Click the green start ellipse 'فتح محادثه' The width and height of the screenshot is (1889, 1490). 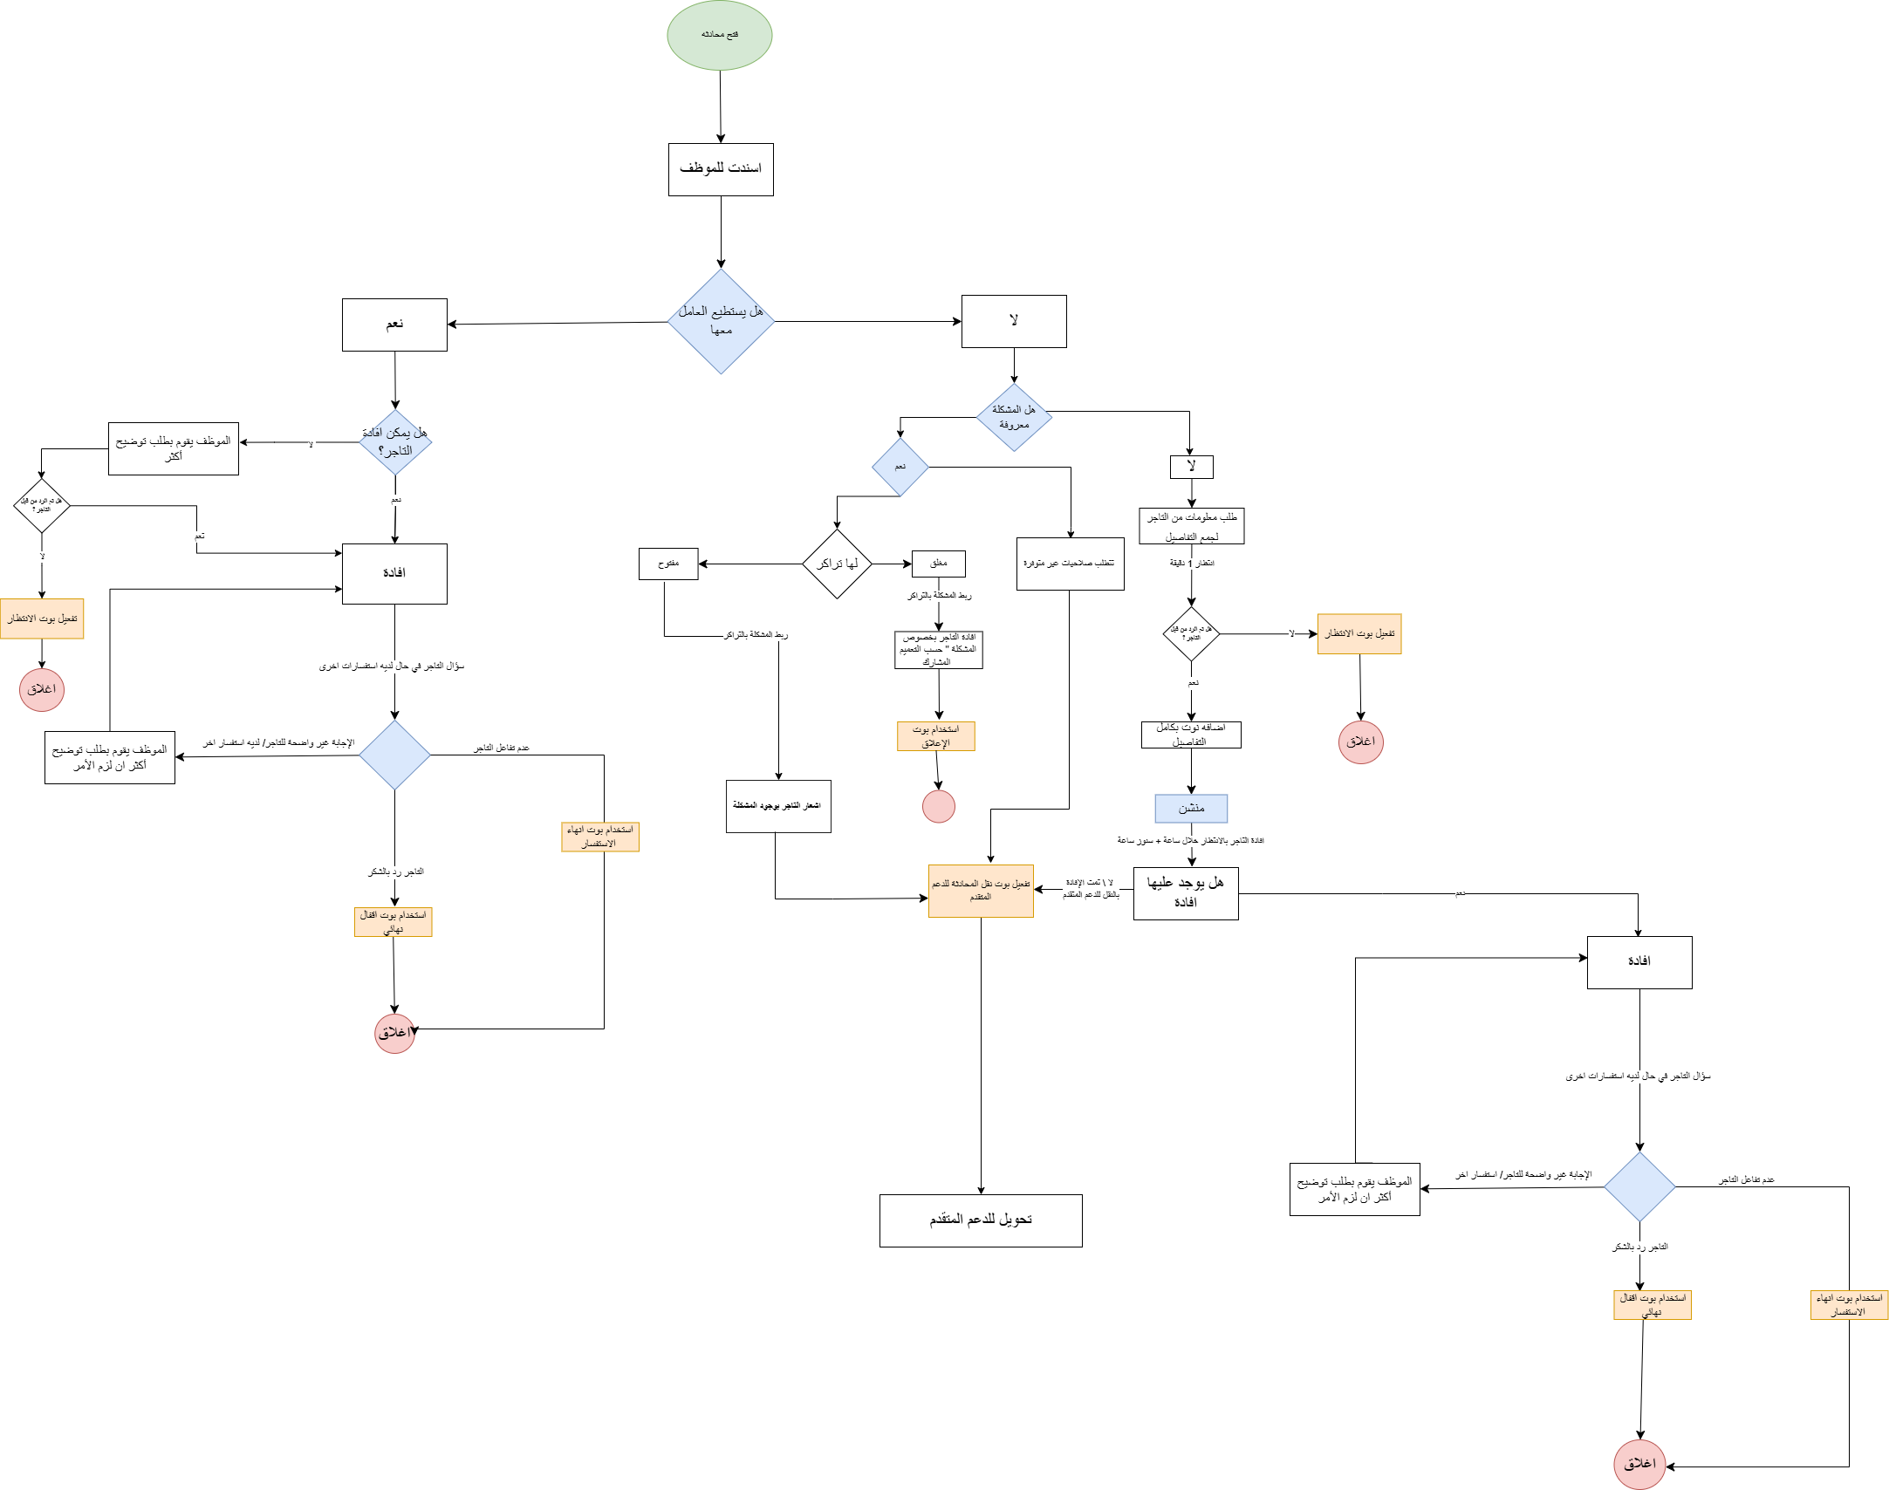[720, 35]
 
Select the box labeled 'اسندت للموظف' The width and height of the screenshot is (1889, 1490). [721, 169]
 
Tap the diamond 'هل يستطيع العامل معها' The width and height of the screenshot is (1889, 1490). [721, 321]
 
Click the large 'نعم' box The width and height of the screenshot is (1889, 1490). [394, 325]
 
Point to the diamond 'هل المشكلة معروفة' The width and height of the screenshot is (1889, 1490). [1014, 417]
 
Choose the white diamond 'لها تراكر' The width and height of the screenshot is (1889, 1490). [837, 564]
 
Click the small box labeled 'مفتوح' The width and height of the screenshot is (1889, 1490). [668, 564]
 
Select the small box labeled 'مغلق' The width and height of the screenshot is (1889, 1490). [939, 564]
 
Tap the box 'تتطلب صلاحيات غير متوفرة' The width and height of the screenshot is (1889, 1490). [1070, 564]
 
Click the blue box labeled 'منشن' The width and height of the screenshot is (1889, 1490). [1191, 809]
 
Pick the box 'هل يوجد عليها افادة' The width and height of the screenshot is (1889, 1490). [1186, 893]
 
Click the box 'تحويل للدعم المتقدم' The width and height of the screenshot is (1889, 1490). [981, 1220]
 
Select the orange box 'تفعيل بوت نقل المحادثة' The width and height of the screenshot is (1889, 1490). [981, 891]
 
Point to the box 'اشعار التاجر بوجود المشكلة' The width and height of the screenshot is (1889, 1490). [778, 806]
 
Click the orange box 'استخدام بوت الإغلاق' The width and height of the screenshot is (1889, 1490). [935, 736]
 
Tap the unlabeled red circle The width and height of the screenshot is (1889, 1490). [939, 806]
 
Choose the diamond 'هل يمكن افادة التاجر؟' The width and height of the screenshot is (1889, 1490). [395, 442]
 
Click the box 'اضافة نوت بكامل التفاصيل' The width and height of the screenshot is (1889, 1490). [1191, 735]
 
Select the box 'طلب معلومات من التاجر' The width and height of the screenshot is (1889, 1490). [1191, 526]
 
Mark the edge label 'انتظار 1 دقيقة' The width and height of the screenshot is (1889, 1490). [1192, 564]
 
